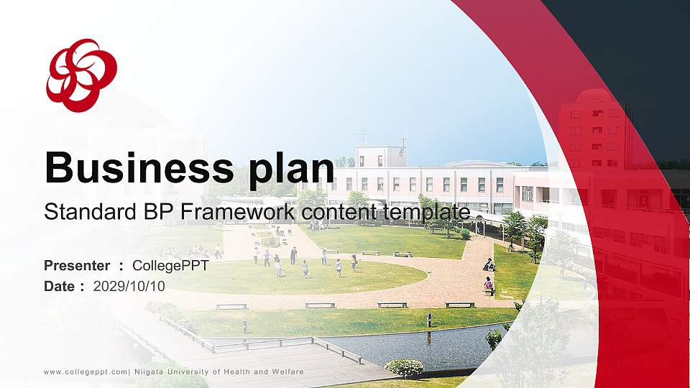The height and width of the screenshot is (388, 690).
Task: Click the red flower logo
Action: (81, 75)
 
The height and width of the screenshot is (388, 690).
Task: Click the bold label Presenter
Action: (77, 266)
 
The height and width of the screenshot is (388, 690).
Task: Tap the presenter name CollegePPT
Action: (171, 266)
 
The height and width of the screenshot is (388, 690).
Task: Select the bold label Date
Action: (59, 286)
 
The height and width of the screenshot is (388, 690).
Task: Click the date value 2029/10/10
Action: (129, 286)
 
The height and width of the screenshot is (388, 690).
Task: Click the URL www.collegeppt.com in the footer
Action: (86, 371)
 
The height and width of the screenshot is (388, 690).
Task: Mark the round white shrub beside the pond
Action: (405, 368)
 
